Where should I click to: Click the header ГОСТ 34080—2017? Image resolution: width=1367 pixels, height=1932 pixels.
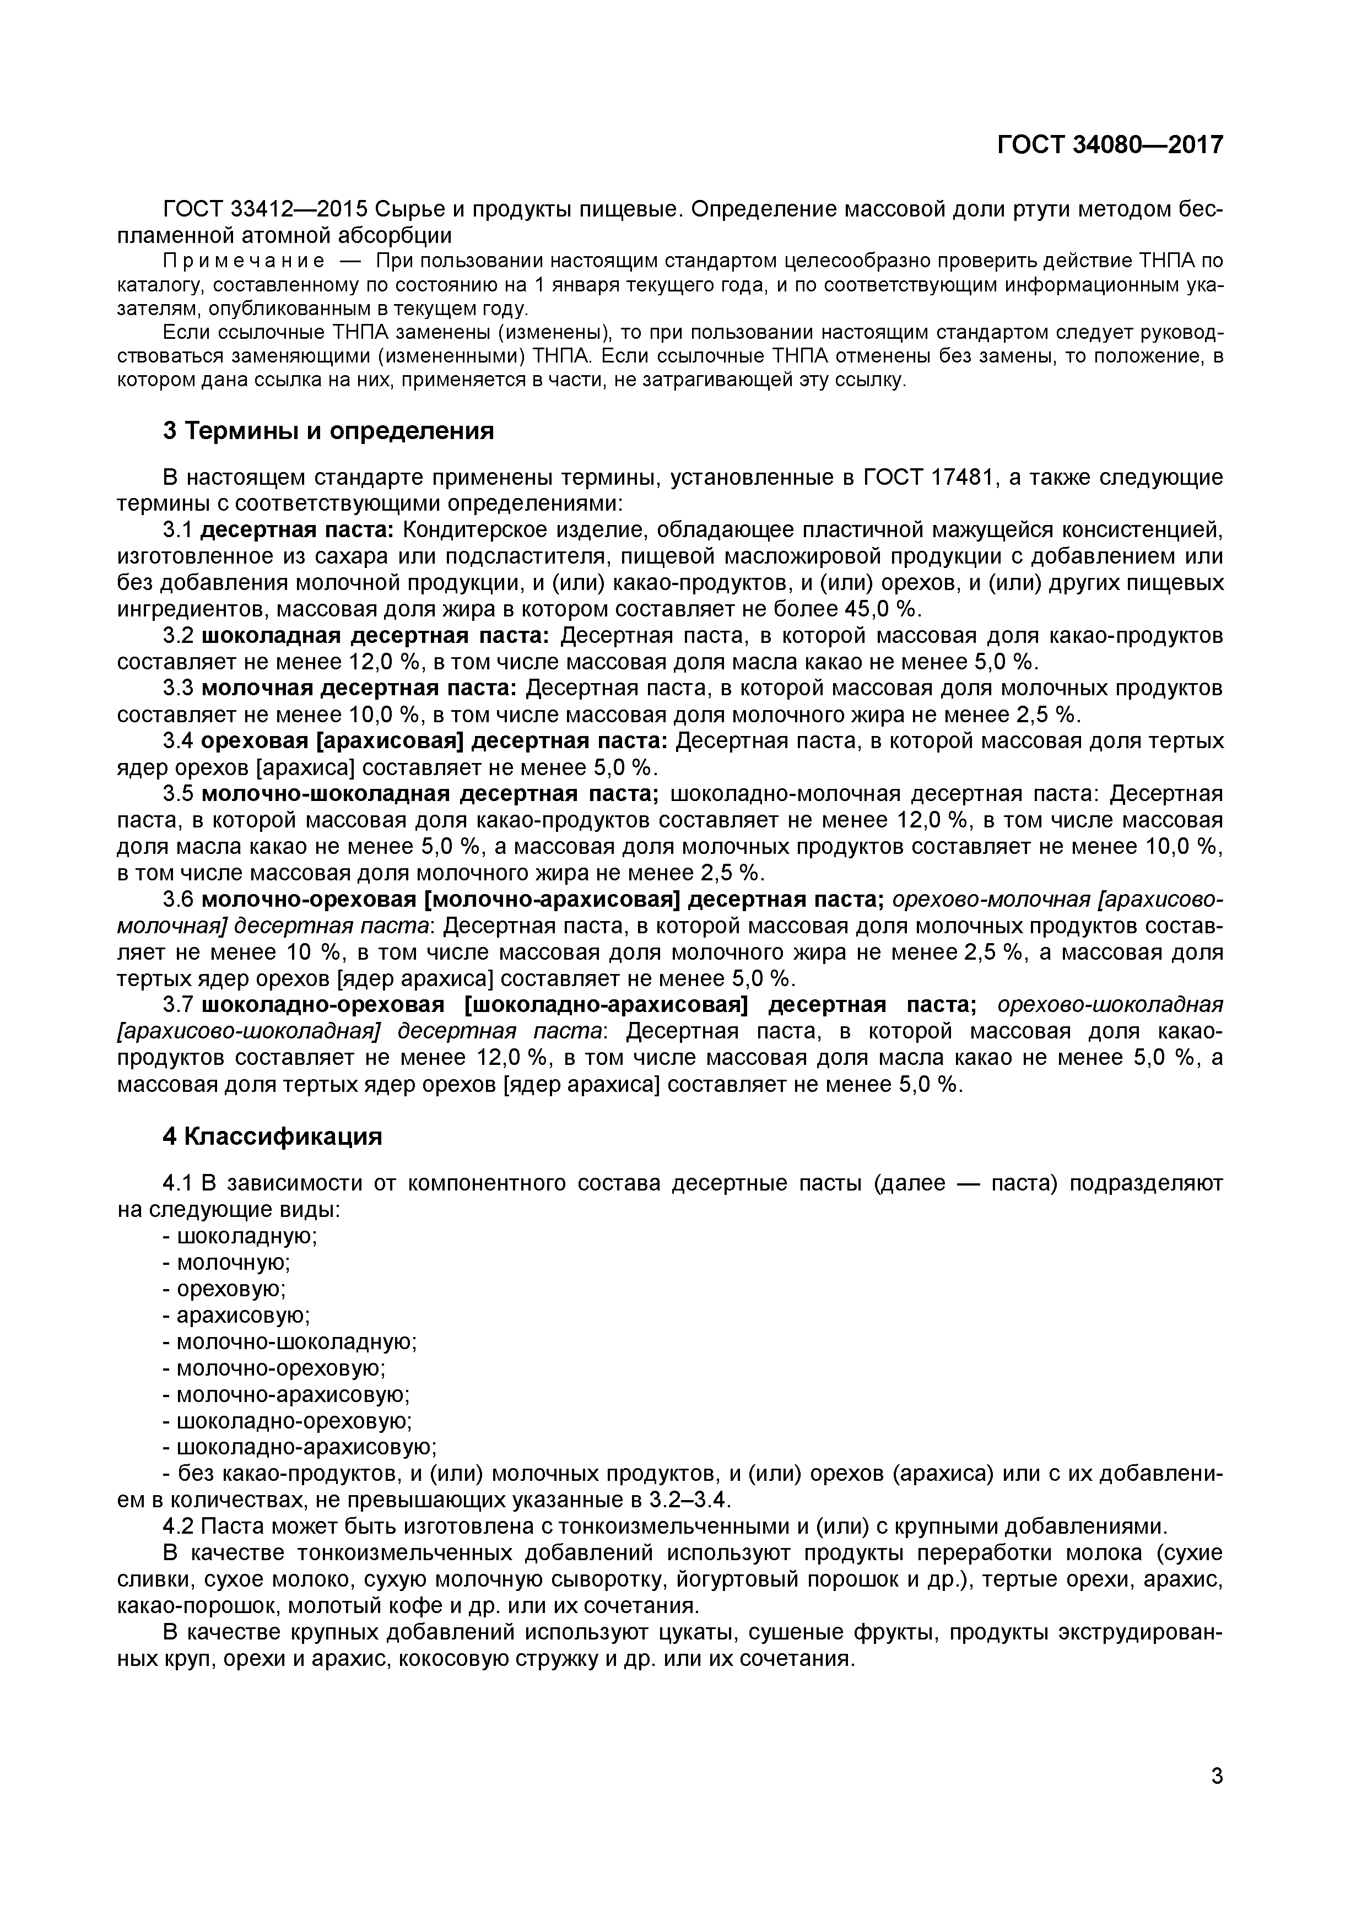[1110, 145]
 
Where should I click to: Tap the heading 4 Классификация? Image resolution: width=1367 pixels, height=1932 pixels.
[272, 1136]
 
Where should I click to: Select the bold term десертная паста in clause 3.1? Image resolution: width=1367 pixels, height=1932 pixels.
[297, 530]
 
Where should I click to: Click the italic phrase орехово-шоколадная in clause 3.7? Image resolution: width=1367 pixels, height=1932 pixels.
[1110, 1005]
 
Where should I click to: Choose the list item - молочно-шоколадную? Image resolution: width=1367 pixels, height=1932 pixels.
[290, 1342]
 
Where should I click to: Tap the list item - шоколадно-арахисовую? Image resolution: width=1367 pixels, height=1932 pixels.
[299, 1447]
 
